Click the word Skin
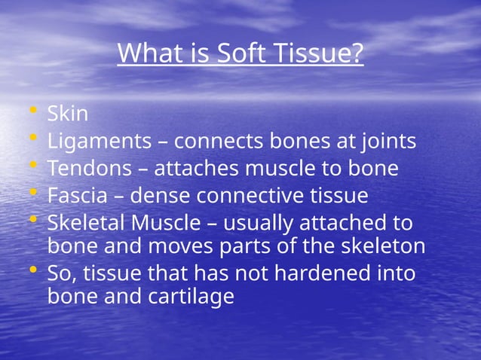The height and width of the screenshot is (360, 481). pos(68,114)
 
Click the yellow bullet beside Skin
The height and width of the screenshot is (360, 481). pos(32,112)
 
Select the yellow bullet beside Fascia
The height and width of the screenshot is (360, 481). pos(32,194)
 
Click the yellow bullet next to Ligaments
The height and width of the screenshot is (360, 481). pos(32,139)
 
